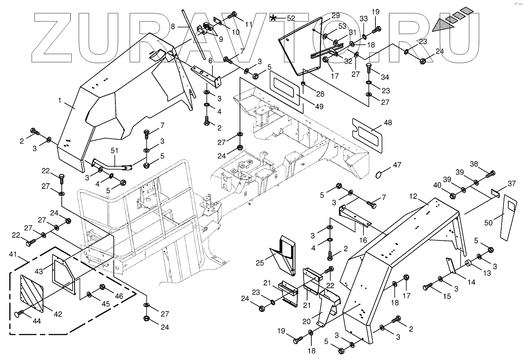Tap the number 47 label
point(397,165)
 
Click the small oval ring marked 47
point(380,175)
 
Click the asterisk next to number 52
point(274,18)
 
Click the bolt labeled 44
point(19,314)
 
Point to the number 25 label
point(260,263)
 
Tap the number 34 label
point(385,77)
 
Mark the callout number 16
point(363,240)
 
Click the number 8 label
point(174,26)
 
